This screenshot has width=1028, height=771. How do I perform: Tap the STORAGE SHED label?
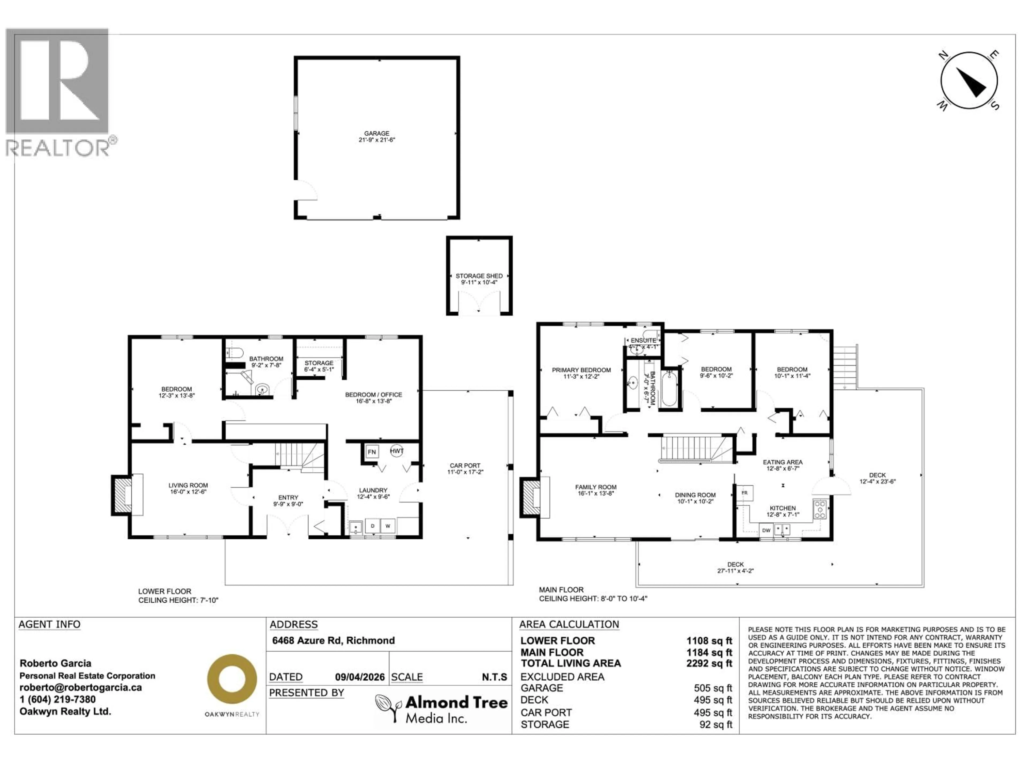[479, 276]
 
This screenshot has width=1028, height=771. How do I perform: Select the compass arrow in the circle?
[972, 83]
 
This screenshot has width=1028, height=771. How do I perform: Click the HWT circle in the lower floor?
[396, 451]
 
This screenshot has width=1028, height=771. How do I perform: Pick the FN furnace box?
[371, 452]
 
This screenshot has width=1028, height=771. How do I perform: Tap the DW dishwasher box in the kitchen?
[766, 530]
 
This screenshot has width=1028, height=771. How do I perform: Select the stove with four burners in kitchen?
[820, 509]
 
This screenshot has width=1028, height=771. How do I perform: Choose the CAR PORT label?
[465, 466]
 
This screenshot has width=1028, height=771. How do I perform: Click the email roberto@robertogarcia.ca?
[80, 687]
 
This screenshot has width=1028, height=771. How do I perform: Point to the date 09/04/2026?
[360, 677]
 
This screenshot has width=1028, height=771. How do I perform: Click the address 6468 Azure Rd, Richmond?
[333, 640]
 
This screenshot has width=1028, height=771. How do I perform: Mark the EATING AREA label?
[783, 462]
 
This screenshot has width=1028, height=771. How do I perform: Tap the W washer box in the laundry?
[388, 526]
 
